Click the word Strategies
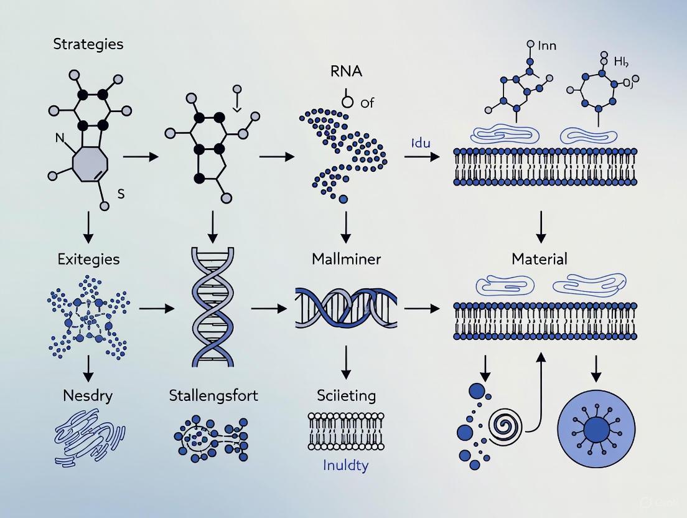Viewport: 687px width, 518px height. [88, 44]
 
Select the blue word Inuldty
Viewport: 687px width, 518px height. [345, 464]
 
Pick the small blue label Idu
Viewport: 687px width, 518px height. [421, 143]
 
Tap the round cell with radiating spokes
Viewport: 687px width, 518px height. [597, 429]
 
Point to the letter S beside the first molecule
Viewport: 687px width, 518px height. [121, 194]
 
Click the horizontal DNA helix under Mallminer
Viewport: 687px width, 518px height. [347, 308]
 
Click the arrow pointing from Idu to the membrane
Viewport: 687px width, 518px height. [421, 156]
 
